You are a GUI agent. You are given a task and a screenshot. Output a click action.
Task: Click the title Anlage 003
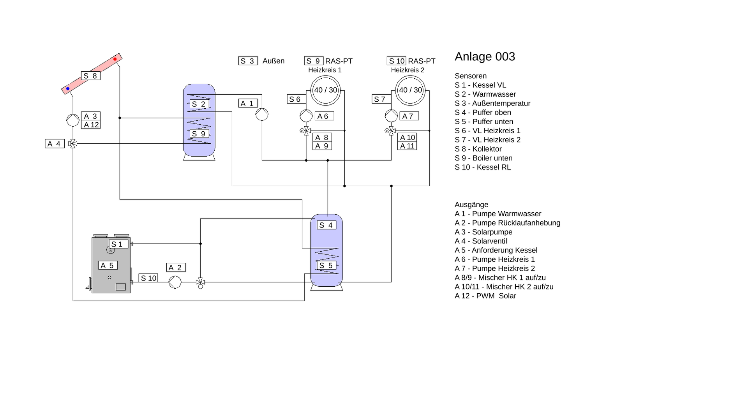(x=485, y=57)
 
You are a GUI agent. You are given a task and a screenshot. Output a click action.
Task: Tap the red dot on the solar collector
(x=115, y=59)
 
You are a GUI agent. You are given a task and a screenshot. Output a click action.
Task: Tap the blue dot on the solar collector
(x=68, y=89)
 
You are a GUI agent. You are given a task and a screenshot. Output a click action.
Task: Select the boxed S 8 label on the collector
(x=91, y=76)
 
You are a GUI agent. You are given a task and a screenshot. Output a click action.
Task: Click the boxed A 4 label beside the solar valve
(x=55, y=144)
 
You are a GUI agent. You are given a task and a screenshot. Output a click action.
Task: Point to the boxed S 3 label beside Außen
(x=248, y=61)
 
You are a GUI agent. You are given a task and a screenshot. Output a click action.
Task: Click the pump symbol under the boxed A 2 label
(x=175, y=282)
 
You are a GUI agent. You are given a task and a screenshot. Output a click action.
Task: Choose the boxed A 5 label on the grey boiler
(x=108, y=265)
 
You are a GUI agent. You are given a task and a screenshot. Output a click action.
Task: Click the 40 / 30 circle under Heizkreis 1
(x=325, y=90)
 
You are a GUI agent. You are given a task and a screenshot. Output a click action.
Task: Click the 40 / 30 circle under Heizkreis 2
(x=410, y=90)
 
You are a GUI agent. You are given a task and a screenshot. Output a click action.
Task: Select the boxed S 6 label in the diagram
(x=296, y=99)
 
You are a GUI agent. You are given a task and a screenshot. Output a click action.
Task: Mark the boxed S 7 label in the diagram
(x=381, y=99)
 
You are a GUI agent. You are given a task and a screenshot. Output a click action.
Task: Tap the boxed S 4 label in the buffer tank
(x=326, y=225)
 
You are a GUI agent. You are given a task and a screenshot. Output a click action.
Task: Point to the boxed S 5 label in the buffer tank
(x=326, y=266)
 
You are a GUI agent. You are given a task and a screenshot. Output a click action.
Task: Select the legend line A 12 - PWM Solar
(x=485, y=296)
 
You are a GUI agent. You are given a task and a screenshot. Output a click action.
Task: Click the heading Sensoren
(x=470, y=76)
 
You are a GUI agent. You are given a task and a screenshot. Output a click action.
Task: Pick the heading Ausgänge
(x=471, y=205)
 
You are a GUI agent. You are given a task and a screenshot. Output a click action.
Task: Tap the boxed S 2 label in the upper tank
(x=199, y=104)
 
